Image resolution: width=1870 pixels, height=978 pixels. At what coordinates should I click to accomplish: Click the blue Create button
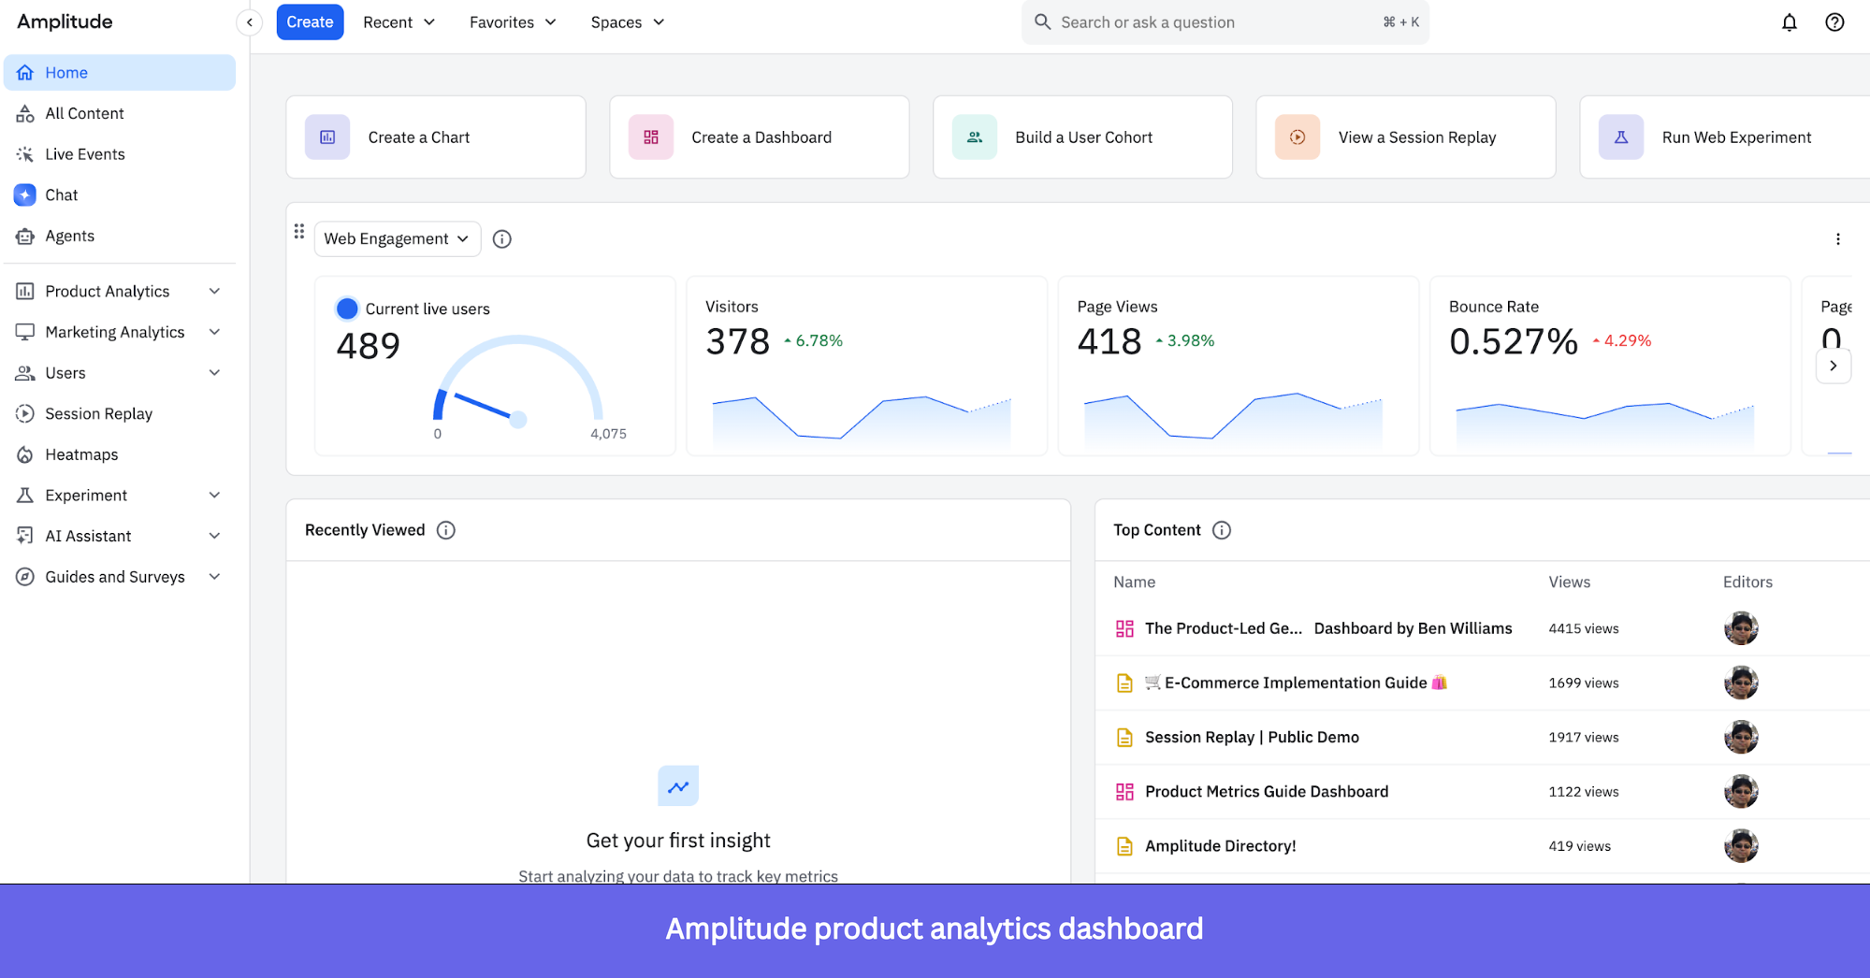(310, 22)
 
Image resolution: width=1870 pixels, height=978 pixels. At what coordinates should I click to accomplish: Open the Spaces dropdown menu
(627, 22)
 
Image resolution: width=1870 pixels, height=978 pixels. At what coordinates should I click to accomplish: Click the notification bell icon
(1789, 22)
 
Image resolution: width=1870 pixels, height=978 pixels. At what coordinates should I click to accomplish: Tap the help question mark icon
(1834, 22)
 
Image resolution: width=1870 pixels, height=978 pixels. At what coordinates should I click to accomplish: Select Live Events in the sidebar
(84, 154)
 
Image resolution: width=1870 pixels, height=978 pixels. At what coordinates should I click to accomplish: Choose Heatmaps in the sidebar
(81, 454)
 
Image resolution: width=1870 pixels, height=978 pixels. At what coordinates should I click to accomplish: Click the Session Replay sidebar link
(98, 413)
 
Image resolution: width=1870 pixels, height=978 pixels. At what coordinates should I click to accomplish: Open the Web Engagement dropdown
(397, 238)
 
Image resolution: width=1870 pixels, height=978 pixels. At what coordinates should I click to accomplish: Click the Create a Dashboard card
(759, 137)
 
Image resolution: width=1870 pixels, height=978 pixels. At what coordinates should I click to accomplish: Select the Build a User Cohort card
(1082, 137)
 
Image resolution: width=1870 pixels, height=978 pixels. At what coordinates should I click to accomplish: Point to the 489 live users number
(369, 346)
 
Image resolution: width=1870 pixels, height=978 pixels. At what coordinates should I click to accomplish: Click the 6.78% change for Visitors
(819, 341)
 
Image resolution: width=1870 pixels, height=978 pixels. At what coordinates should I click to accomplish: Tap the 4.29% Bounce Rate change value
(1627, 341)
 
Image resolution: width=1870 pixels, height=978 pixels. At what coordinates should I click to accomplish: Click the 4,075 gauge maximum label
(608, 434)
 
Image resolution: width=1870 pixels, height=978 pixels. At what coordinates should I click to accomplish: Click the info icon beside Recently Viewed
(446, 530)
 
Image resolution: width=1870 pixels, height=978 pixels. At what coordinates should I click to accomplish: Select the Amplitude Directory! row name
(1220, 846)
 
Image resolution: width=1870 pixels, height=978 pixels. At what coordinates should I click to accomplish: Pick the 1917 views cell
(1583, 738)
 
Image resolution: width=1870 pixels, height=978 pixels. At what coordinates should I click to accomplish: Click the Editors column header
(1747, 582)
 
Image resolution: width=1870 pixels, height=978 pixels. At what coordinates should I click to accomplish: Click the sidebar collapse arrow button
(250, 22)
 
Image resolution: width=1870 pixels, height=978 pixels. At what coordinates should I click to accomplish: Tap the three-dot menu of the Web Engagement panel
(1837, 239)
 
